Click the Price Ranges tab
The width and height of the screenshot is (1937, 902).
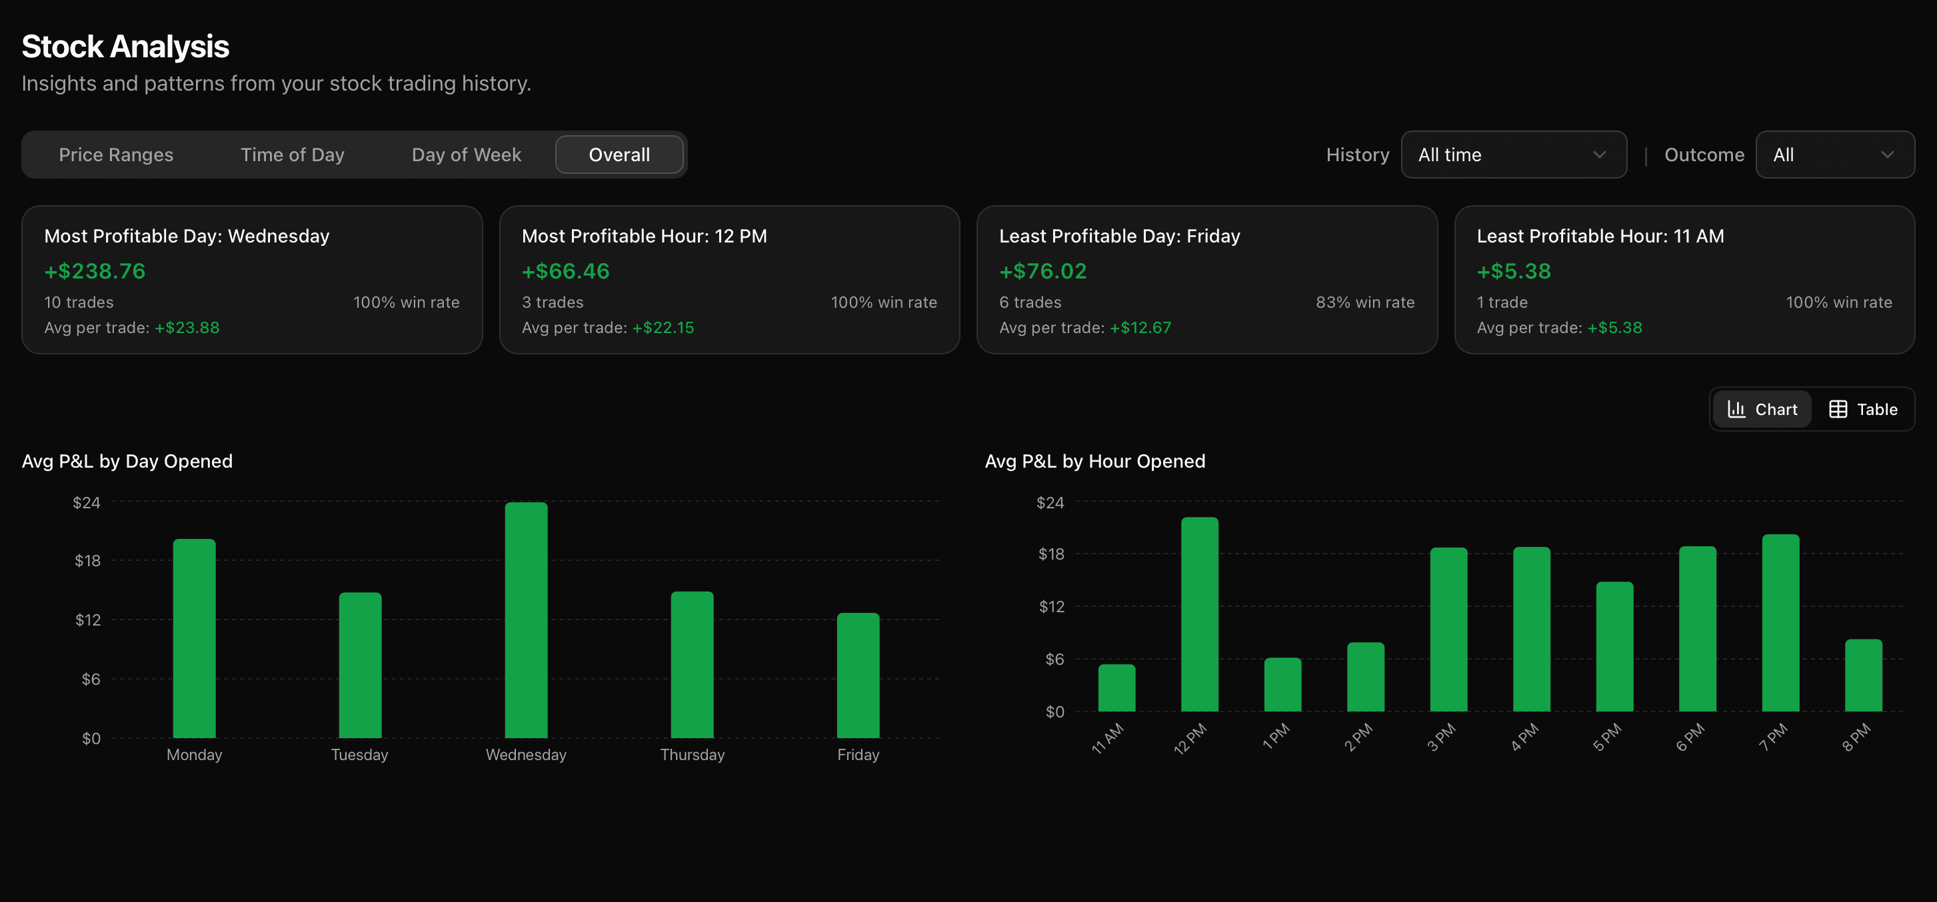click(116, 155)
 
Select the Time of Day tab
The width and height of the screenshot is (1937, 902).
click(293, 155)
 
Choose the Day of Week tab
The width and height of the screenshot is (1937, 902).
click(466, 155)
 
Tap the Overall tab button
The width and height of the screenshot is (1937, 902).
click(619, 155)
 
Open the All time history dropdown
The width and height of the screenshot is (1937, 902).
click(1513, 155)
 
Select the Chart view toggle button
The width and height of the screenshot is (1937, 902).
click(1762, 410)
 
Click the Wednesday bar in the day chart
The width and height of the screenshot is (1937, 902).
click(526, 620)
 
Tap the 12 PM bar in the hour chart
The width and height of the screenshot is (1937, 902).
click(1199, 614)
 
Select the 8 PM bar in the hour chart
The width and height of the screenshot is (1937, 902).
click(1862, 675)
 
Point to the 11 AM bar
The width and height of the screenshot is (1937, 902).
click(1116, 687)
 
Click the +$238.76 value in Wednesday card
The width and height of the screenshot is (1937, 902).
click(95, 271)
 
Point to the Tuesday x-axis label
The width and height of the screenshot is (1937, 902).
click(359, 755)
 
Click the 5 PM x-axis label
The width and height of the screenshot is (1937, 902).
click(1607, 737)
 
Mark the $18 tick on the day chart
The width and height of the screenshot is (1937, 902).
click(87, 561)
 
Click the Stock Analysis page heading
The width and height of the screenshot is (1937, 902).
click(125, 47)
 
